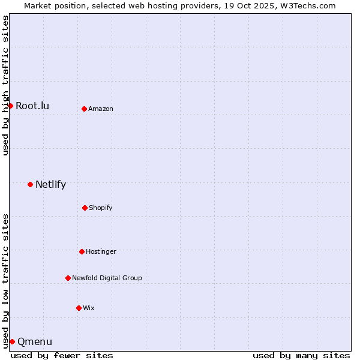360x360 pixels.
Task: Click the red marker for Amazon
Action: pyautogui.click(x=84, y=109)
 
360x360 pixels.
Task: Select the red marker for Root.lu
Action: pyautogui.click(x=10, y=106)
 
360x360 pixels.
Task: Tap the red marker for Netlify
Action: pyautogui.click(x=30, y=184)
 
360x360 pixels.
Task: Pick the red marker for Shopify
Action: pyautogui.click(x=85, y=208)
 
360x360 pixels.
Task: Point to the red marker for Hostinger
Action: pyautogui.click(x=82, y=251)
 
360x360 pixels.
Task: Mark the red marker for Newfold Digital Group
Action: pyautogui.click(x=68, y=278)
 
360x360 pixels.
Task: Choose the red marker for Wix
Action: pyautogui.click(x=79, y=308)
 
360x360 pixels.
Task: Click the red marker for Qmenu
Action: pyautogui.click(x=12, y=341)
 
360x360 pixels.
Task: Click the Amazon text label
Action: pyautogui.click(x=101, y=109)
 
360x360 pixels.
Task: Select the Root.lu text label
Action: pyautogui.click(x=32, y=106)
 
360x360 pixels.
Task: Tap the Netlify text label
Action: pyautogui.click(x=50, y=185)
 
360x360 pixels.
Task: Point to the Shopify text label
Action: pyautogui.click(x=101, y=208)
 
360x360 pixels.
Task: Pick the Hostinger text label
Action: pyautogui.click(x=101, y=251)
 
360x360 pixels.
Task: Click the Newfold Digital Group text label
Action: pyautogui.click(x=107, y=278)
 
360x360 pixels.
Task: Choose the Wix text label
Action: pyautogui.click(x=89, y=308)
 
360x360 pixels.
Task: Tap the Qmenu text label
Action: pyautogui.click(x=35, y=342)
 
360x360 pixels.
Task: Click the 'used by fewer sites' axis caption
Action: pyautogui.click(x=62, y=355)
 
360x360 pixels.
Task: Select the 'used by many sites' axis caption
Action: pyautogui.click(x=301, y=355)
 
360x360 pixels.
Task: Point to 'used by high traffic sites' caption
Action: pyautogui.click(x=5, y=85)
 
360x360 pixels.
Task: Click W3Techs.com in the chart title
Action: pyautogui.click(x=305, y=5)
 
